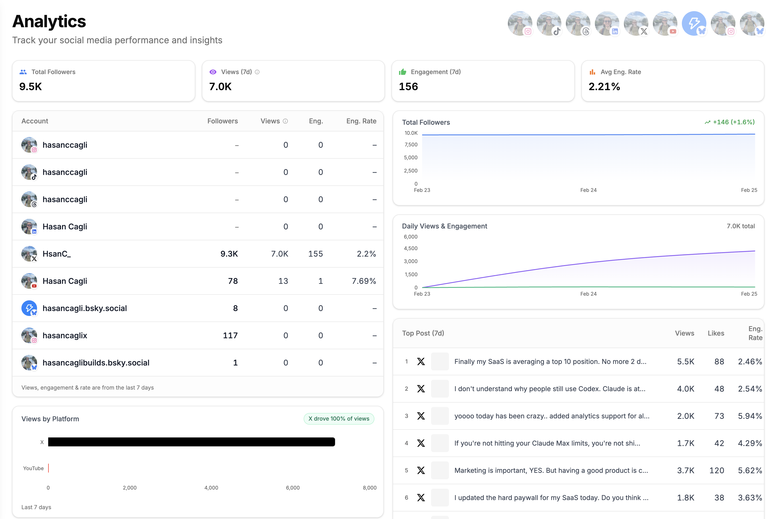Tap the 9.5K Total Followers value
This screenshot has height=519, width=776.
click(30, 87)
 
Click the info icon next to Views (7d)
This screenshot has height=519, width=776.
click(257, 72)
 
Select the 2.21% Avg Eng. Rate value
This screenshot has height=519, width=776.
click(604, 87)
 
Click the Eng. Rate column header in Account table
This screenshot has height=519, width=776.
click(361, 121)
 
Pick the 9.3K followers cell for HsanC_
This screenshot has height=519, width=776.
click(229, 254)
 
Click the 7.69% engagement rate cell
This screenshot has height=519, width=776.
click(364, 281)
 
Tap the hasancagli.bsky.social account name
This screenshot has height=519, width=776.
click(85, 308)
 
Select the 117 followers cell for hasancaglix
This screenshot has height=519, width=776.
click(230, 336)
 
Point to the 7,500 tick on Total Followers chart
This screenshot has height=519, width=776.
click(411, 145)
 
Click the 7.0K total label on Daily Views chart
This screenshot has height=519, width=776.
click(740, 226)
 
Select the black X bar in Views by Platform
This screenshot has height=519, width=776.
click(191, 442)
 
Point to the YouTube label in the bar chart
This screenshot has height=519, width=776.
click(33, 468)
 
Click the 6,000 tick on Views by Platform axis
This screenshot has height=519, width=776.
click(293, 488)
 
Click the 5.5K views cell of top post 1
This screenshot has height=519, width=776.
click(685, 361)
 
